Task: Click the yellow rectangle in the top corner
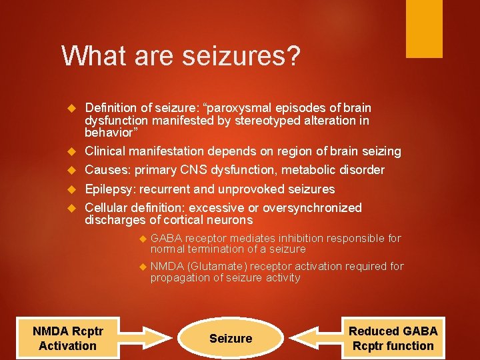point(425,27)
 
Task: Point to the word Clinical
point(106,151)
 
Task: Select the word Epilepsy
point(110,189)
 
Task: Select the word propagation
point(178,277)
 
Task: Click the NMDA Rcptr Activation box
point(67,338)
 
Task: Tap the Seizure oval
point(231,339)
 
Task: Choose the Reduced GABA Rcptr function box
point(393,338)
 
